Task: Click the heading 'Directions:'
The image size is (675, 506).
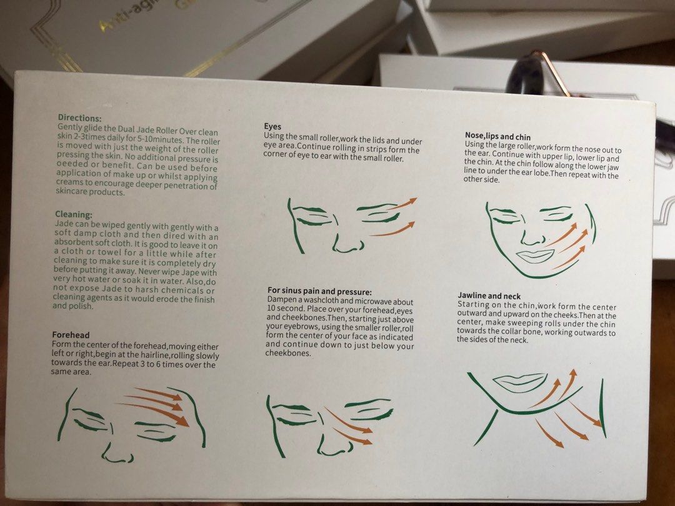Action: (80, 117)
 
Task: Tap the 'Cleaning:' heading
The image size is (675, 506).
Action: (73, 214)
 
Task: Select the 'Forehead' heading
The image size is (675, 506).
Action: (71, 335)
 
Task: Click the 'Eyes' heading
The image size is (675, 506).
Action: (272, 126)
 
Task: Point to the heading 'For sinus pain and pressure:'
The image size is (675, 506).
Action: (319, 291)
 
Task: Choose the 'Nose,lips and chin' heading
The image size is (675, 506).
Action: (497, 136)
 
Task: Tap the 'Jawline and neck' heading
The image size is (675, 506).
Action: (489, 295)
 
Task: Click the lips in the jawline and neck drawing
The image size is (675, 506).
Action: (519, 382)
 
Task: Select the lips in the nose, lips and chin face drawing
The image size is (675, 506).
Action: (535, 256)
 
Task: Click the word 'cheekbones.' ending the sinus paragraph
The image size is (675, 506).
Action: (287, 353)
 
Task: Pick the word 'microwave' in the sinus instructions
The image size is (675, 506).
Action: (376, 302)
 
